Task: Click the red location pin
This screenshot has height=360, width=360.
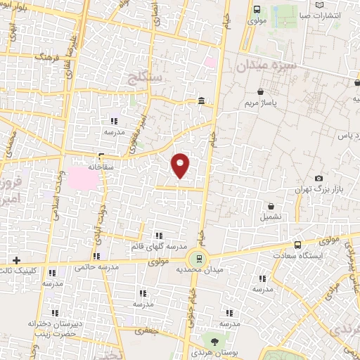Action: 181,165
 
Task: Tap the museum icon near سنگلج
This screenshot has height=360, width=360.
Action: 202,101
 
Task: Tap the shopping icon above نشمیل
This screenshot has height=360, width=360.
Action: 271,206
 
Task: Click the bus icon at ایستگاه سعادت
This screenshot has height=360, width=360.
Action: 297,245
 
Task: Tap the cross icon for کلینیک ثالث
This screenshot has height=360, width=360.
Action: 16,260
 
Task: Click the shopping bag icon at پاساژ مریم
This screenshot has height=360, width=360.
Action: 261,91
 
